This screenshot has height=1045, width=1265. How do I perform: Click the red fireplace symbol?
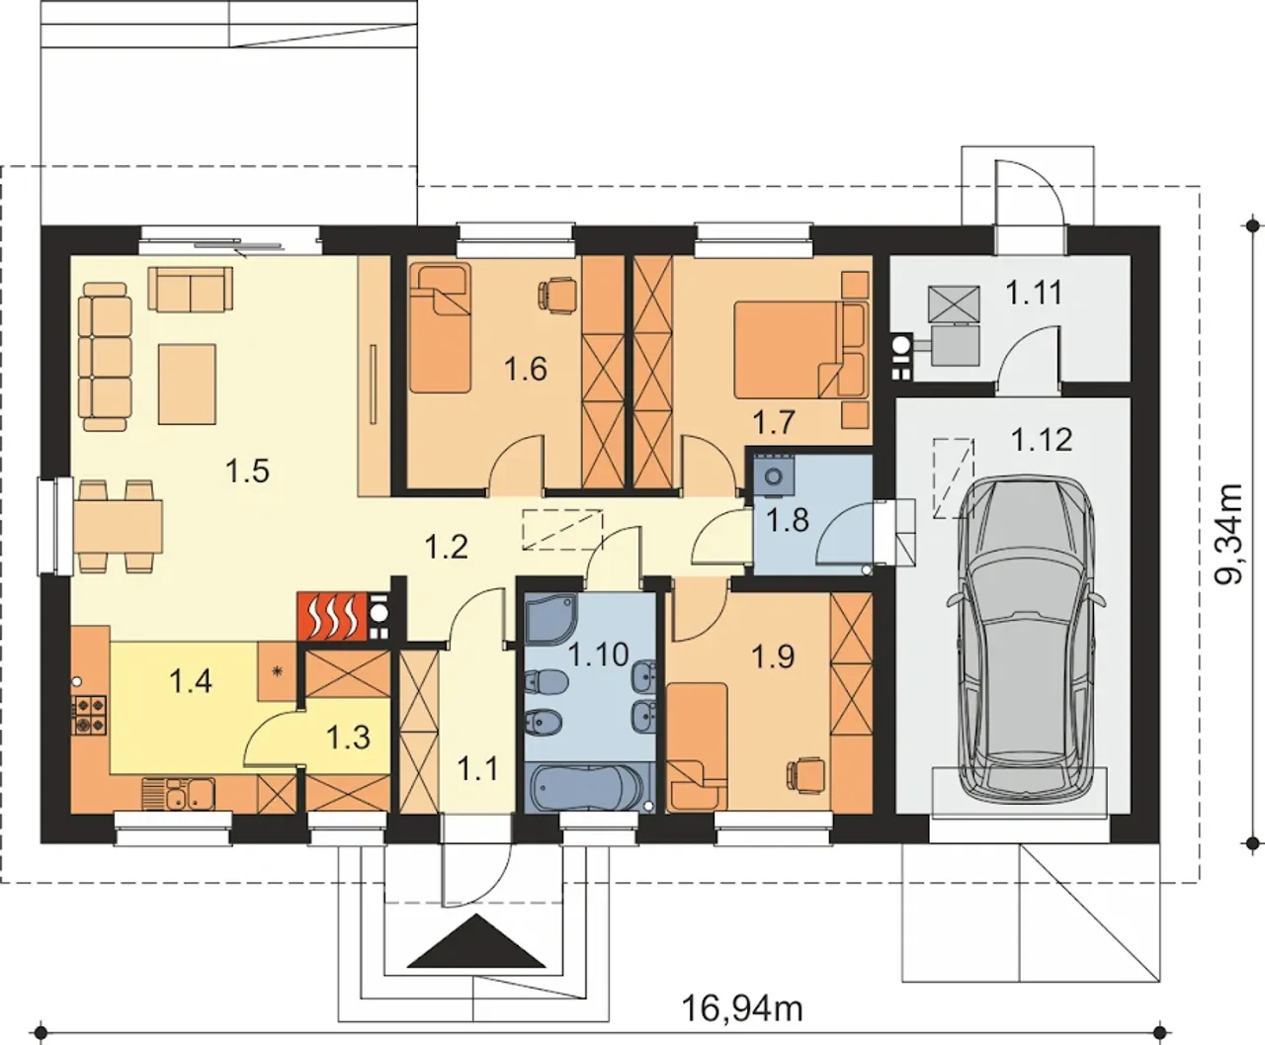332,616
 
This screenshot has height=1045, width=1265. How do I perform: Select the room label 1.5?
247,471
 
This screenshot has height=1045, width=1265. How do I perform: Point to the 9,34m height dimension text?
1227,534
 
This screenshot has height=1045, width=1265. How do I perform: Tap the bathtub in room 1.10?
586,787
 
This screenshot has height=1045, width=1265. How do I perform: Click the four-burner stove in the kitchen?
90,715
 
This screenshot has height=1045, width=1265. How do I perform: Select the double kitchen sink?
178,794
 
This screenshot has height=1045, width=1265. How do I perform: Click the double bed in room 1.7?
794,350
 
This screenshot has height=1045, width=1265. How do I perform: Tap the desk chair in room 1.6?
556,296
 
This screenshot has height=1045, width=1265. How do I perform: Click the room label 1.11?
1034,294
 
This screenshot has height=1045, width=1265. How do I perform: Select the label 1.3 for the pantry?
348,738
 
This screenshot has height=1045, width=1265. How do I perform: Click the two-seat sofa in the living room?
190,290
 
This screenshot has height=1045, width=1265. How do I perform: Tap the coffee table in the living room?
187,385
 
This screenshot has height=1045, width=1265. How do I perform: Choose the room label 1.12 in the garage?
1042,440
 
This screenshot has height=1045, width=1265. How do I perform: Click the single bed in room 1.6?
439,327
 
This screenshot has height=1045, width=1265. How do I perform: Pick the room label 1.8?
788,520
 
